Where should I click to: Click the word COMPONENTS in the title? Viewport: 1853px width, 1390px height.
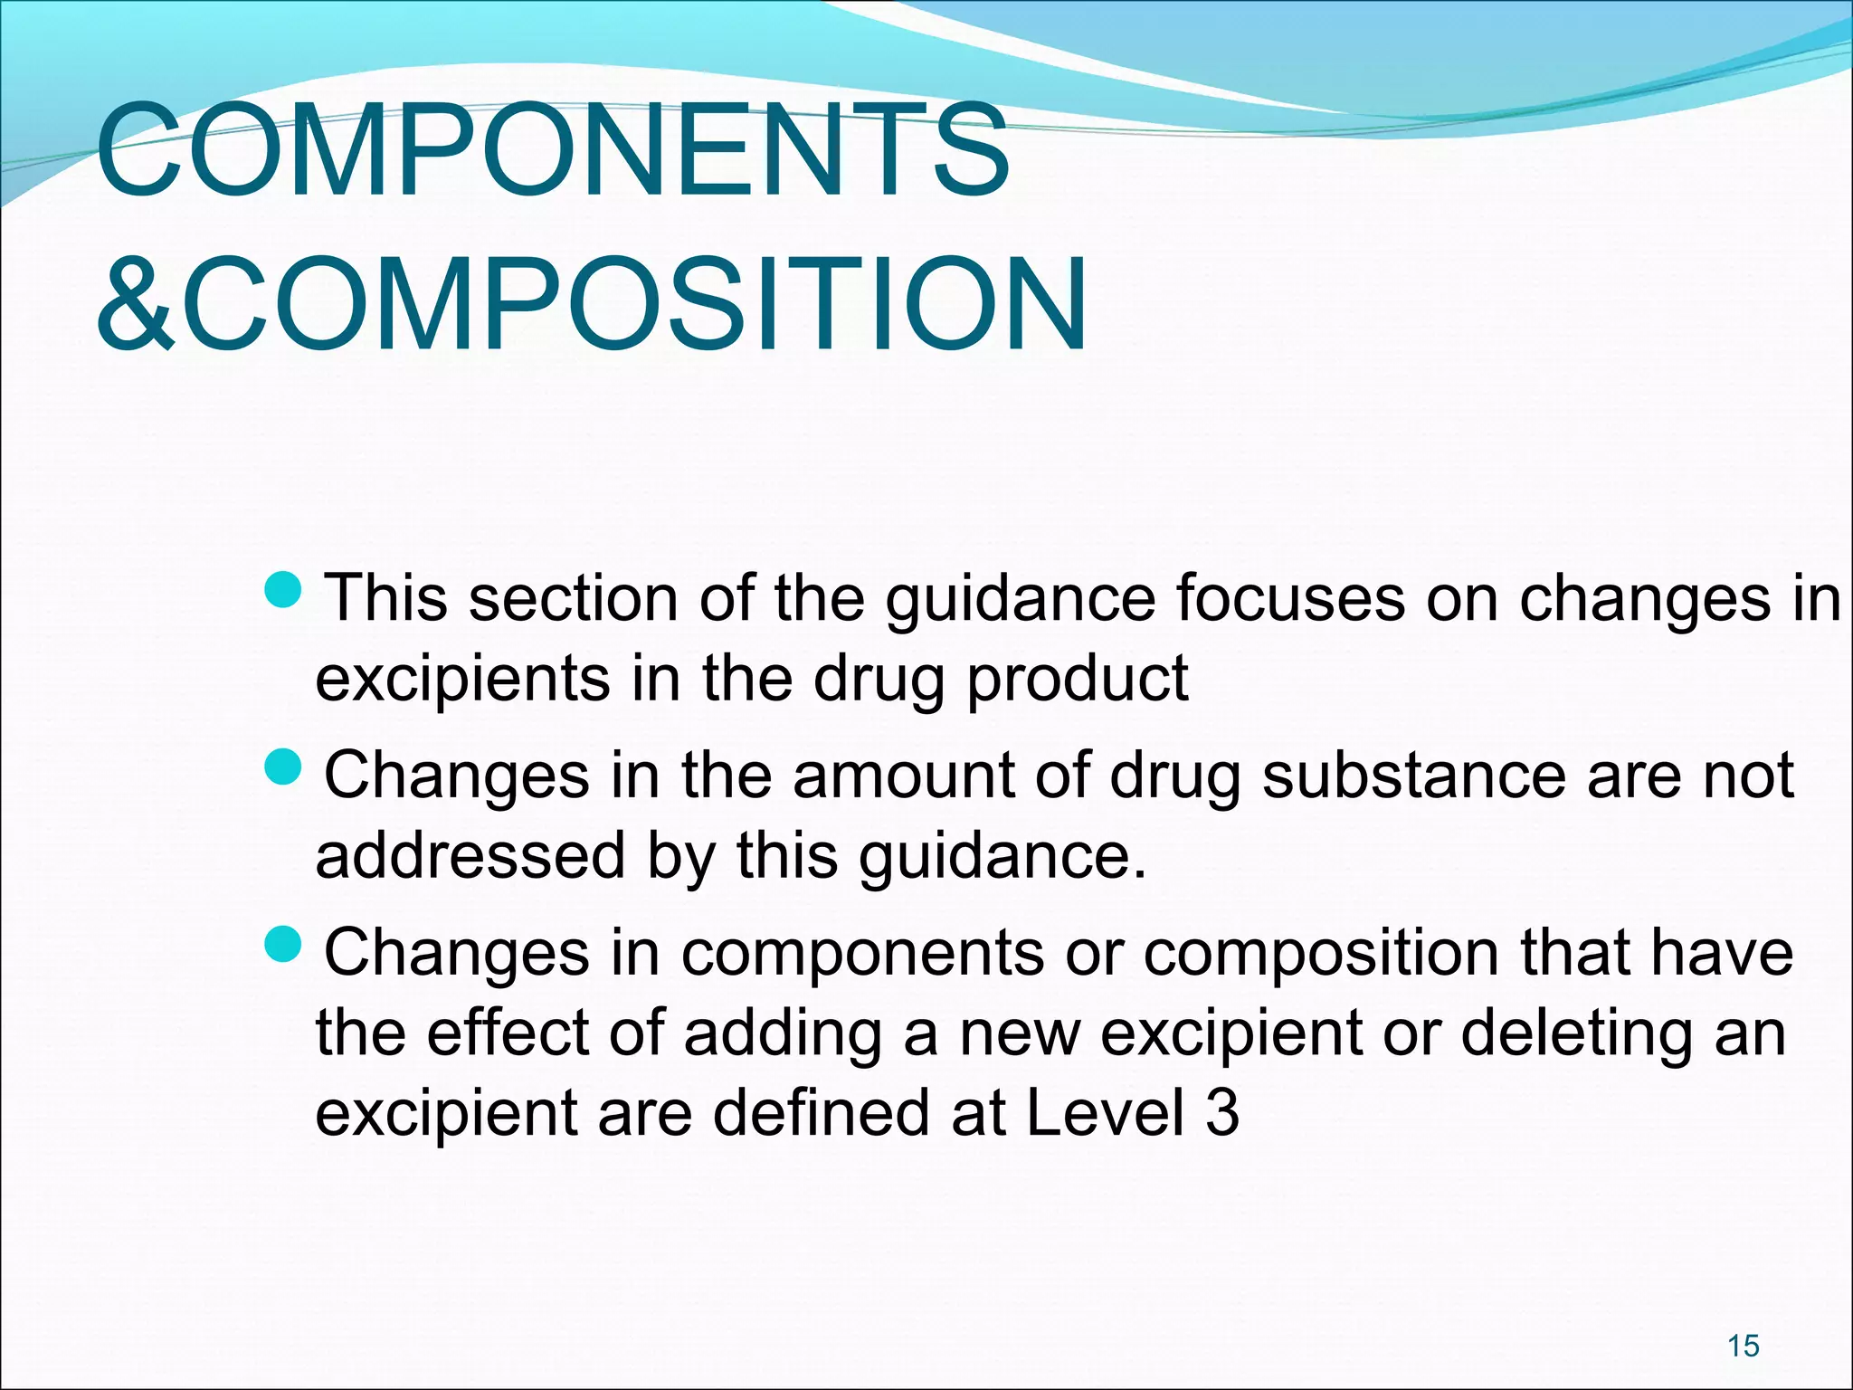552,150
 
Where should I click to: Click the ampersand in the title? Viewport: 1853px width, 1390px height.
136,304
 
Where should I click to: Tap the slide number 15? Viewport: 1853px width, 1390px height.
1743,1346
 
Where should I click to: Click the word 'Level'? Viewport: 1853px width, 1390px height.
1105,1112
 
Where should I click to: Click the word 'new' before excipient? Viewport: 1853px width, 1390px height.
1019,1033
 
